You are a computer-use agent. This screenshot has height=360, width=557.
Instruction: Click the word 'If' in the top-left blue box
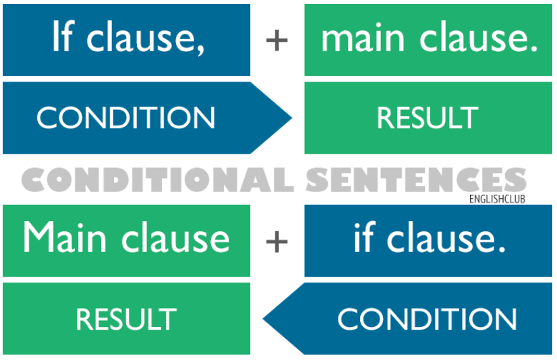pyautogui.click(x=63, y=36)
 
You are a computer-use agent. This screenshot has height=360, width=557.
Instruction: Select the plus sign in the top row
pyautogui.click(x=276, y=40)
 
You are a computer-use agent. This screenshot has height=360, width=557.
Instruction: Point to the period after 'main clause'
pyautogui.click(x=534, y=48)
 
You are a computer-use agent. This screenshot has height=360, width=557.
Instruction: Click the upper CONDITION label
pyautogui.click(x=125, y=118)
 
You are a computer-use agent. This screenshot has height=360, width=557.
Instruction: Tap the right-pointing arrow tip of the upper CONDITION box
pyautogui.click(x=291, y=118)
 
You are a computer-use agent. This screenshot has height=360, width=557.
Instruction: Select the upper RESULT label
pyautogui.click(x=428, y=118)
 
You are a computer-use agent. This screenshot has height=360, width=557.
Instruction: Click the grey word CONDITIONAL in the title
pyautogui.click(x=158, y=179)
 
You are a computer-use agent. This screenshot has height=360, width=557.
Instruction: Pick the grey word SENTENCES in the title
pyautogui.click(x=416, y=179)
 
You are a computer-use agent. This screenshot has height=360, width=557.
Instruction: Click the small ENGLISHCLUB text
pyautogui.click(x=497, y=199)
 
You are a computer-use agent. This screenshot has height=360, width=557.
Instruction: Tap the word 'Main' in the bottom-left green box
pyautogui.click(x=65, y=237)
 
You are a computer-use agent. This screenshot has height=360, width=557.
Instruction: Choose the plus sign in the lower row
pyautogui.click(x=276, y=241)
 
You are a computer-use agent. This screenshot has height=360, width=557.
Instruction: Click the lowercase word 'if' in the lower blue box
pyautogui.click(x=364, y=237)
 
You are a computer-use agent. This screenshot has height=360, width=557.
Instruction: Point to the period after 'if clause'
pyautogui.click(x=502, y=249)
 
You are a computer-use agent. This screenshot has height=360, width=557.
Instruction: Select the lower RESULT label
pyautogui.click(x=126, y=319)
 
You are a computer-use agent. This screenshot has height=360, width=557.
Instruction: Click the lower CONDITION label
pyautogui.click(x=427, y=319)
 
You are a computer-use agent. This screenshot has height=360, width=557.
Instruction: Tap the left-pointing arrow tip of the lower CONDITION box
pyautogui.click(x=263, y=319)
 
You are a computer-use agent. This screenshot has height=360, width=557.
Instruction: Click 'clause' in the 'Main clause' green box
pyautogui.click(x=175, y=237)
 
